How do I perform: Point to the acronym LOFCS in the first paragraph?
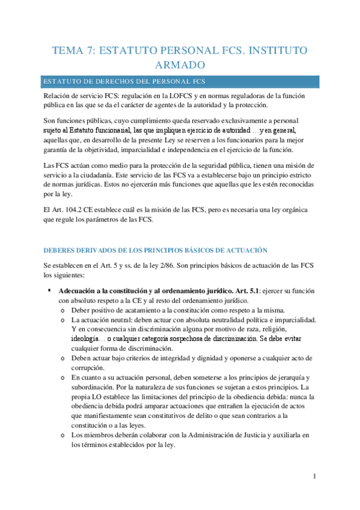tap(186, 96)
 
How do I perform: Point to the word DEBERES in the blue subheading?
tap(61, 250)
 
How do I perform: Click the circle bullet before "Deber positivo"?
tap(63, 310)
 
